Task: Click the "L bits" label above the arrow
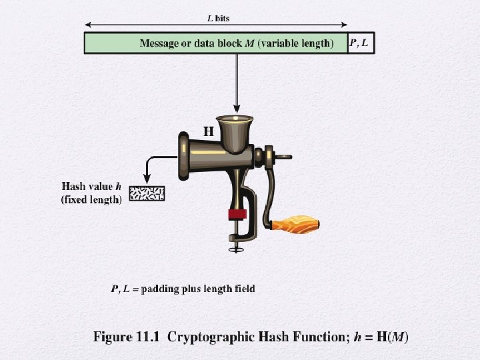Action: coord(218,19)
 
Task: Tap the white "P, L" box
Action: coord(361,43)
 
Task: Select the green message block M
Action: coord(216,43)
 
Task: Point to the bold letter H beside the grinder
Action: coord(209,131)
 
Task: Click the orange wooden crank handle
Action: coord(296,225)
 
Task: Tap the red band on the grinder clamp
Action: coord(237,214)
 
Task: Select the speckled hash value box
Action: coord(147,193)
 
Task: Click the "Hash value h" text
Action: coord(91,186)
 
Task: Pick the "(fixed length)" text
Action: coord(91,199)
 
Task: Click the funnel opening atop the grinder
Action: coord(235,118)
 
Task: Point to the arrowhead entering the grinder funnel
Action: coord(237,109)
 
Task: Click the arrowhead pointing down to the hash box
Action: coord(147,179)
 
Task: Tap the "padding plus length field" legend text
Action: coord(198,289)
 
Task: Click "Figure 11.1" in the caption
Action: coord(127,337)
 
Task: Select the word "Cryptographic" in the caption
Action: coord(211,337)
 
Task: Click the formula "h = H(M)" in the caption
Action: coord(381,337)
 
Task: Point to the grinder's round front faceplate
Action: coord(183,156)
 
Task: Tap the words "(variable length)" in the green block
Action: coord(296,43)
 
